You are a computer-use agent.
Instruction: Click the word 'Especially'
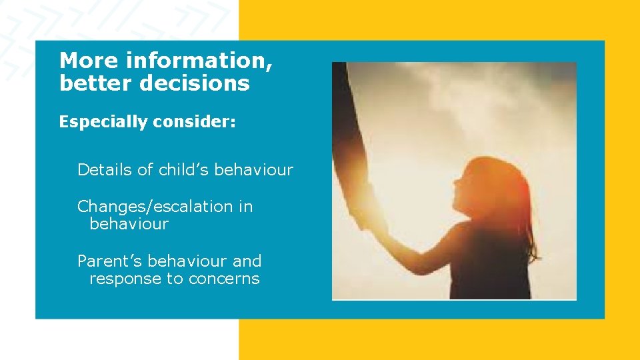pyautogui.click(x=101, y=122)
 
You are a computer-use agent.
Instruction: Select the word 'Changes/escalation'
pyautogui.click(x=156, y=207)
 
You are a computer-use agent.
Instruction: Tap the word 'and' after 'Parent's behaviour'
pyautogui.click(x=247, y=261)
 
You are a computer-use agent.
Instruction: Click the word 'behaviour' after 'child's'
pyautogui.click(x=254, y=170)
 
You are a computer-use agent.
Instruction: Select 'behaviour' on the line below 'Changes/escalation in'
pyautogui.click(x=129, y=224)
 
